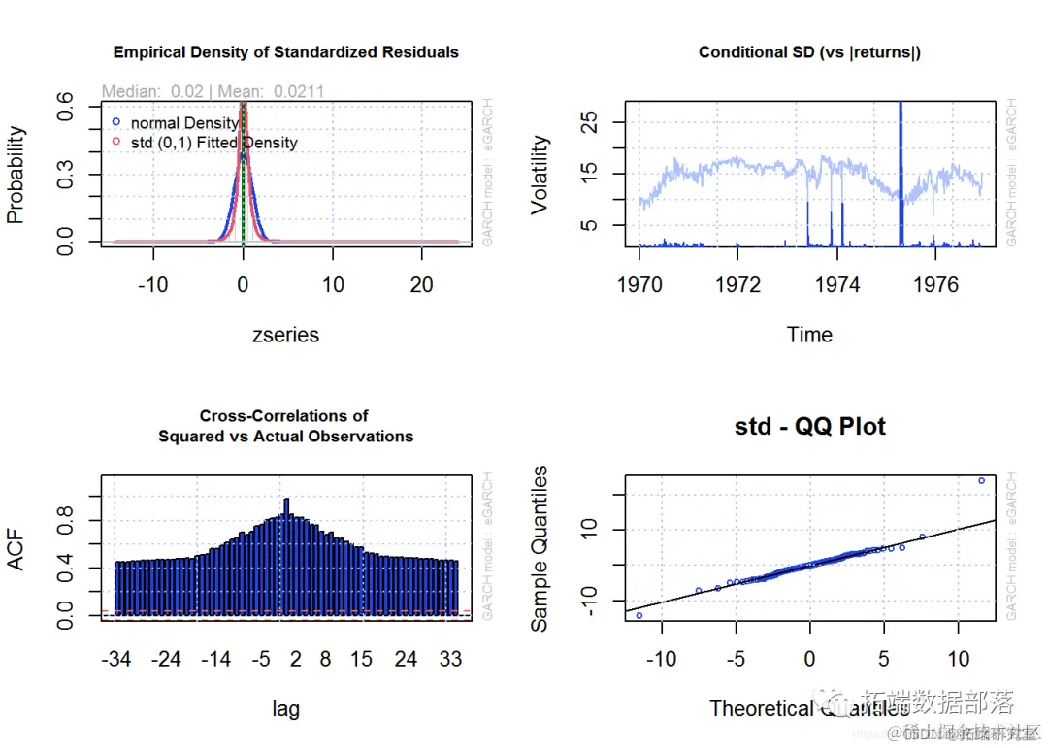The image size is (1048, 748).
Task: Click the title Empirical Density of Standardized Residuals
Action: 286,51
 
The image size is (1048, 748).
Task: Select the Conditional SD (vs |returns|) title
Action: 809,51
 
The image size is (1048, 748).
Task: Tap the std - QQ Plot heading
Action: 809,427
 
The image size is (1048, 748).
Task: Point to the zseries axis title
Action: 285,335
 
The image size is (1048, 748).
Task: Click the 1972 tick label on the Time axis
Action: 737,284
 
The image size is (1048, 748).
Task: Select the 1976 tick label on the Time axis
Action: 935,284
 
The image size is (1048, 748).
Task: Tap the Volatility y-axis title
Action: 540,175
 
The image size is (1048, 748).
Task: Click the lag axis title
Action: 285,709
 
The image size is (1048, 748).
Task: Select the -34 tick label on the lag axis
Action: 116,660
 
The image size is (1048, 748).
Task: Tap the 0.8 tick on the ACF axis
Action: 65,521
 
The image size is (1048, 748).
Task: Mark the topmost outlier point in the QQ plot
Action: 981,480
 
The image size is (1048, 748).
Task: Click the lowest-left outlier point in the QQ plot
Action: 639,615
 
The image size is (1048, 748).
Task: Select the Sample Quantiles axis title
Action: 540,548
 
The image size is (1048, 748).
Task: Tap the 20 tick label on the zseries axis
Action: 421,284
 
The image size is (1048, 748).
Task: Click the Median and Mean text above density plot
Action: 213,91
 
